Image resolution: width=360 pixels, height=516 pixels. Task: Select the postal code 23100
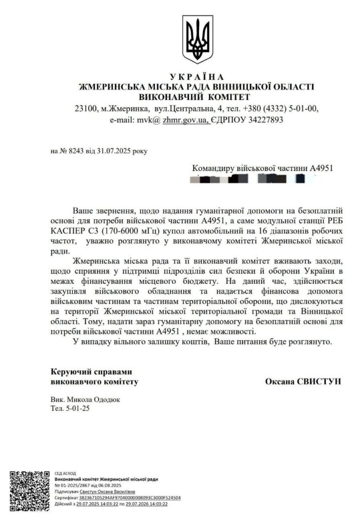click(x=85, y=108)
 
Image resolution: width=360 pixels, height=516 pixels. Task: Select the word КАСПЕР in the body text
click(x=69, y=230)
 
